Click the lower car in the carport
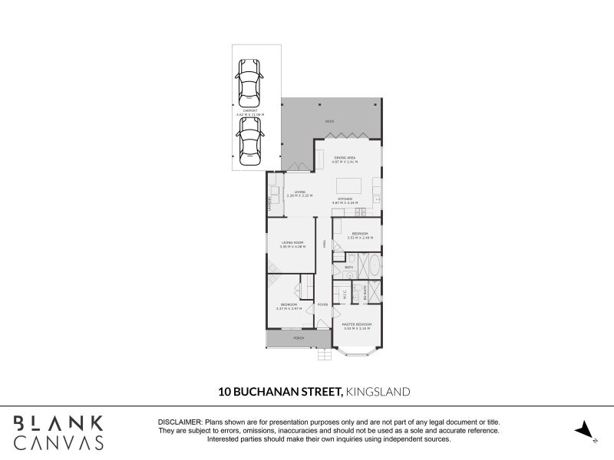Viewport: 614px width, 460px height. (249, 142)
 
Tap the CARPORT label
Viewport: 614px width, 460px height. (250, 110)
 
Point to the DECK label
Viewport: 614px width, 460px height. (329, 121)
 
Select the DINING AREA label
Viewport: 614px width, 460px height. (345, 158)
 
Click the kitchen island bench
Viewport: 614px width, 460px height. (348, 186)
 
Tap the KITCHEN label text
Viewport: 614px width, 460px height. (345, 199)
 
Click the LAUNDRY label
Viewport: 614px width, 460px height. (269, 204)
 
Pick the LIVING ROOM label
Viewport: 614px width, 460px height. (292, 242)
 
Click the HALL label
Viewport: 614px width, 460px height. (324, 243)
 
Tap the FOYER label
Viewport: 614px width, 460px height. (322, 304)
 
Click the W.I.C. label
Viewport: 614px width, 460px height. (345, 293)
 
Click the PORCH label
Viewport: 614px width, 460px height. (298, 337)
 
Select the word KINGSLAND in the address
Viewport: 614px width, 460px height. (378, 391)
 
